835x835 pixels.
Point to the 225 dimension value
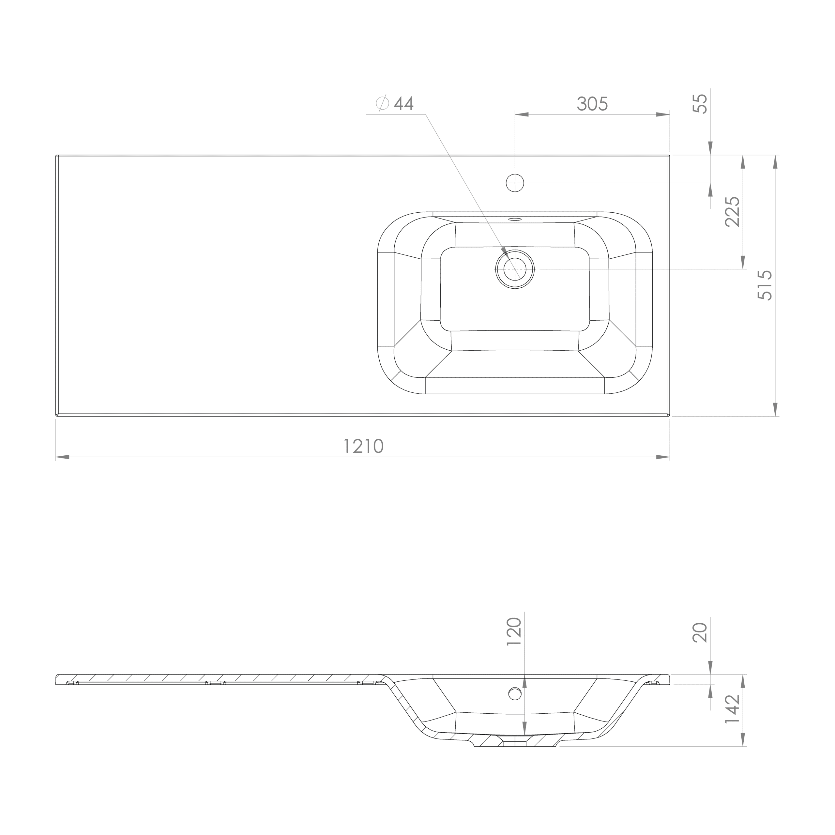point(732,211)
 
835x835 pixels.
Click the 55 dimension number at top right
point(700,104)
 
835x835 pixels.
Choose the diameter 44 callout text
point(395,104)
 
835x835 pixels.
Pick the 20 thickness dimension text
point(700,632)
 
